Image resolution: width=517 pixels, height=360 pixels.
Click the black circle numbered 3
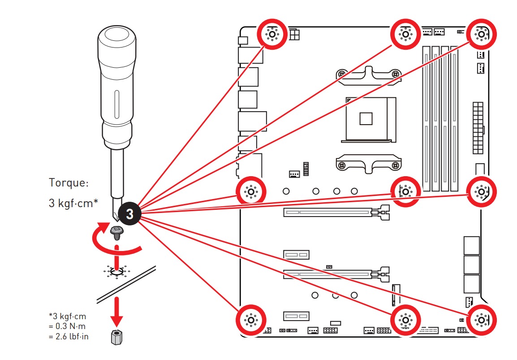(129, 214)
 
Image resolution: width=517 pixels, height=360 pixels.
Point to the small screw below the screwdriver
(116, 232)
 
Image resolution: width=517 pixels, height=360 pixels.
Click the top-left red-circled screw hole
(272, 34)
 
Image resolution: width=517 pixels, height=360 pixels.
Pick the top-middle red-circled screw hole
(405, 34)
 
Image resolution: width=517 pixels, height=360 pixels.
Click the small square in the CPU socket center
(366, 118)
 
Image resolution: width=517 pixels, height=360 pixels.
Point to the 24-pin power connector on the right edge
(478, 128)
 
